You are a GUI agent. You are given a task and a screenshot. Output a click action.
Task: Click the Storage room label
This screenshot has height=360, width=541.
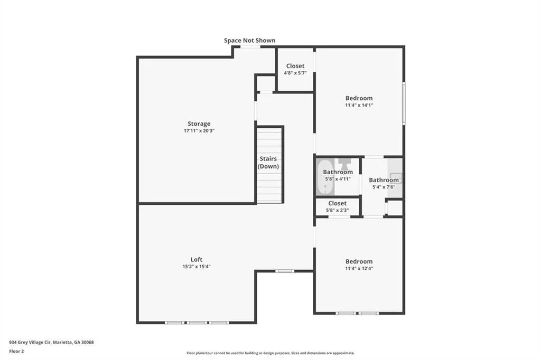(x=199, y=124)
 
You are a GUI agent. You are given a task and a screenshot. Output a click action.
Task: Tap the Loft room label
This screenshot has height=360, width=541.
(x=197, y=259)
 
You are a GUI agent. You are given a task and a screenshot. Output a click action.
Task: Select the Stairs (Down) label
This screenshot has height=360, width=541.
(x=268, y=163)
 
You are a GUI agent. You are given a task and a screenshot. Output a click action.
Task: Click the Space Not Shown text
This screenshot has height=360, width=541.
(x=250, y=40)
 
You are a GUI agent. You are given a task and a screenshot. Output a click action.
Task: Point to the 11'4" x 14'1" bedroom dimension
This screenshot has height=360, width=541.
(x=359, y=105)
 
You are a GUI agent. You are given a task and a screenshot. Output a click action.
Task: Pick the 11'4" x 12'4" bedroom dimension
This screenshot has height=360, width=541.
(x=359, y=268)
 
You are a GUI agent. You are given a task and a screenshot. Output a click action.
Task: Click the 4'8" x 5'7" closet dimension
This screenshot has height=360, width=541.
(x=295, y=73)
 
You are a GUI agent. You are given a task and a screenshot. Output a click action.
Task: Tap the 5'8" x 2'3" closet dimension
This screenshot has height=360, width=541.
(x=338, y=210)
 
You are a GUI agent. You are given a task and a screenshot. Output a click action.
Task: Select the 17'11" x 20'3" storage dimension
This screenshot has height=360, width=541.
(x=199, y=131)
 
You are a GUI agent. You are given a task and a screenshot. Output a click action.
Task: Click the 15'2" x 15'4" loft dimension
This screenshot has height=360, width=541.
(x=197, y=267)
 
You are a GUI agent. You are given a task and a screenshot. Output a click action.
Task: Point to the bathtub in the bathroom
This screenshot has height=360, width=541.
(x=325, y=177)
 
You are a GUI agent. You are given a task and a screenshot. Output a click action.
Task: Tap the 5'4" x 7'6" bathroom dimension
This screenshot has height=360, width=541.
(x=384, y=187)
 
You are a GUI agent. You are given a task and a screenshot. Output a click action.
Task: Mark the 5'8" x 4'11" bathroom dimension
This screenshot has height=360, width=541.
(x=338, y=179)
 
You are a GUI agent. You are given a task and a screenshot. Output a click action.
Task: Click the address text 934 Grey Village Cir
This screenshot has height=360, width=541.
(x=30, y=343)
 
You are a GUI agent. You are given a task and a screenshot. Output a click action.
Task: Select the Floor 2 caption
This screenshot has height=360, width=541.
(x=16, y=352)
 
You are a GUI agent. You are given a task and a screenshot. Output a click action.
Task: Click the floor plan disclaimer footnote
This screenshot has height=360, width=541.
(x=270, y=353)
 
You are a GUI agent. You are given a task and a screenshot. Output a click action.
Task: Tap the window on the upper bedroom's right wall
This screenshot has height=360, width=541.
(x=404, y=103)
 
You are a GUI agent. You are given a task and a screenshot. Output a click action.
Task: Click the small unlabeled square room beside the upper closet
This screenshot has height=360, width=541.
(x=266, y=83)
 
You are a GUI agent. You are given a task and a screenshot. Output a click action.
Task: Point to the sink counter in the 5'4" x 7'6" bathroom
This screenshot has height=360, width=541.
(x=395, y=177)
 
